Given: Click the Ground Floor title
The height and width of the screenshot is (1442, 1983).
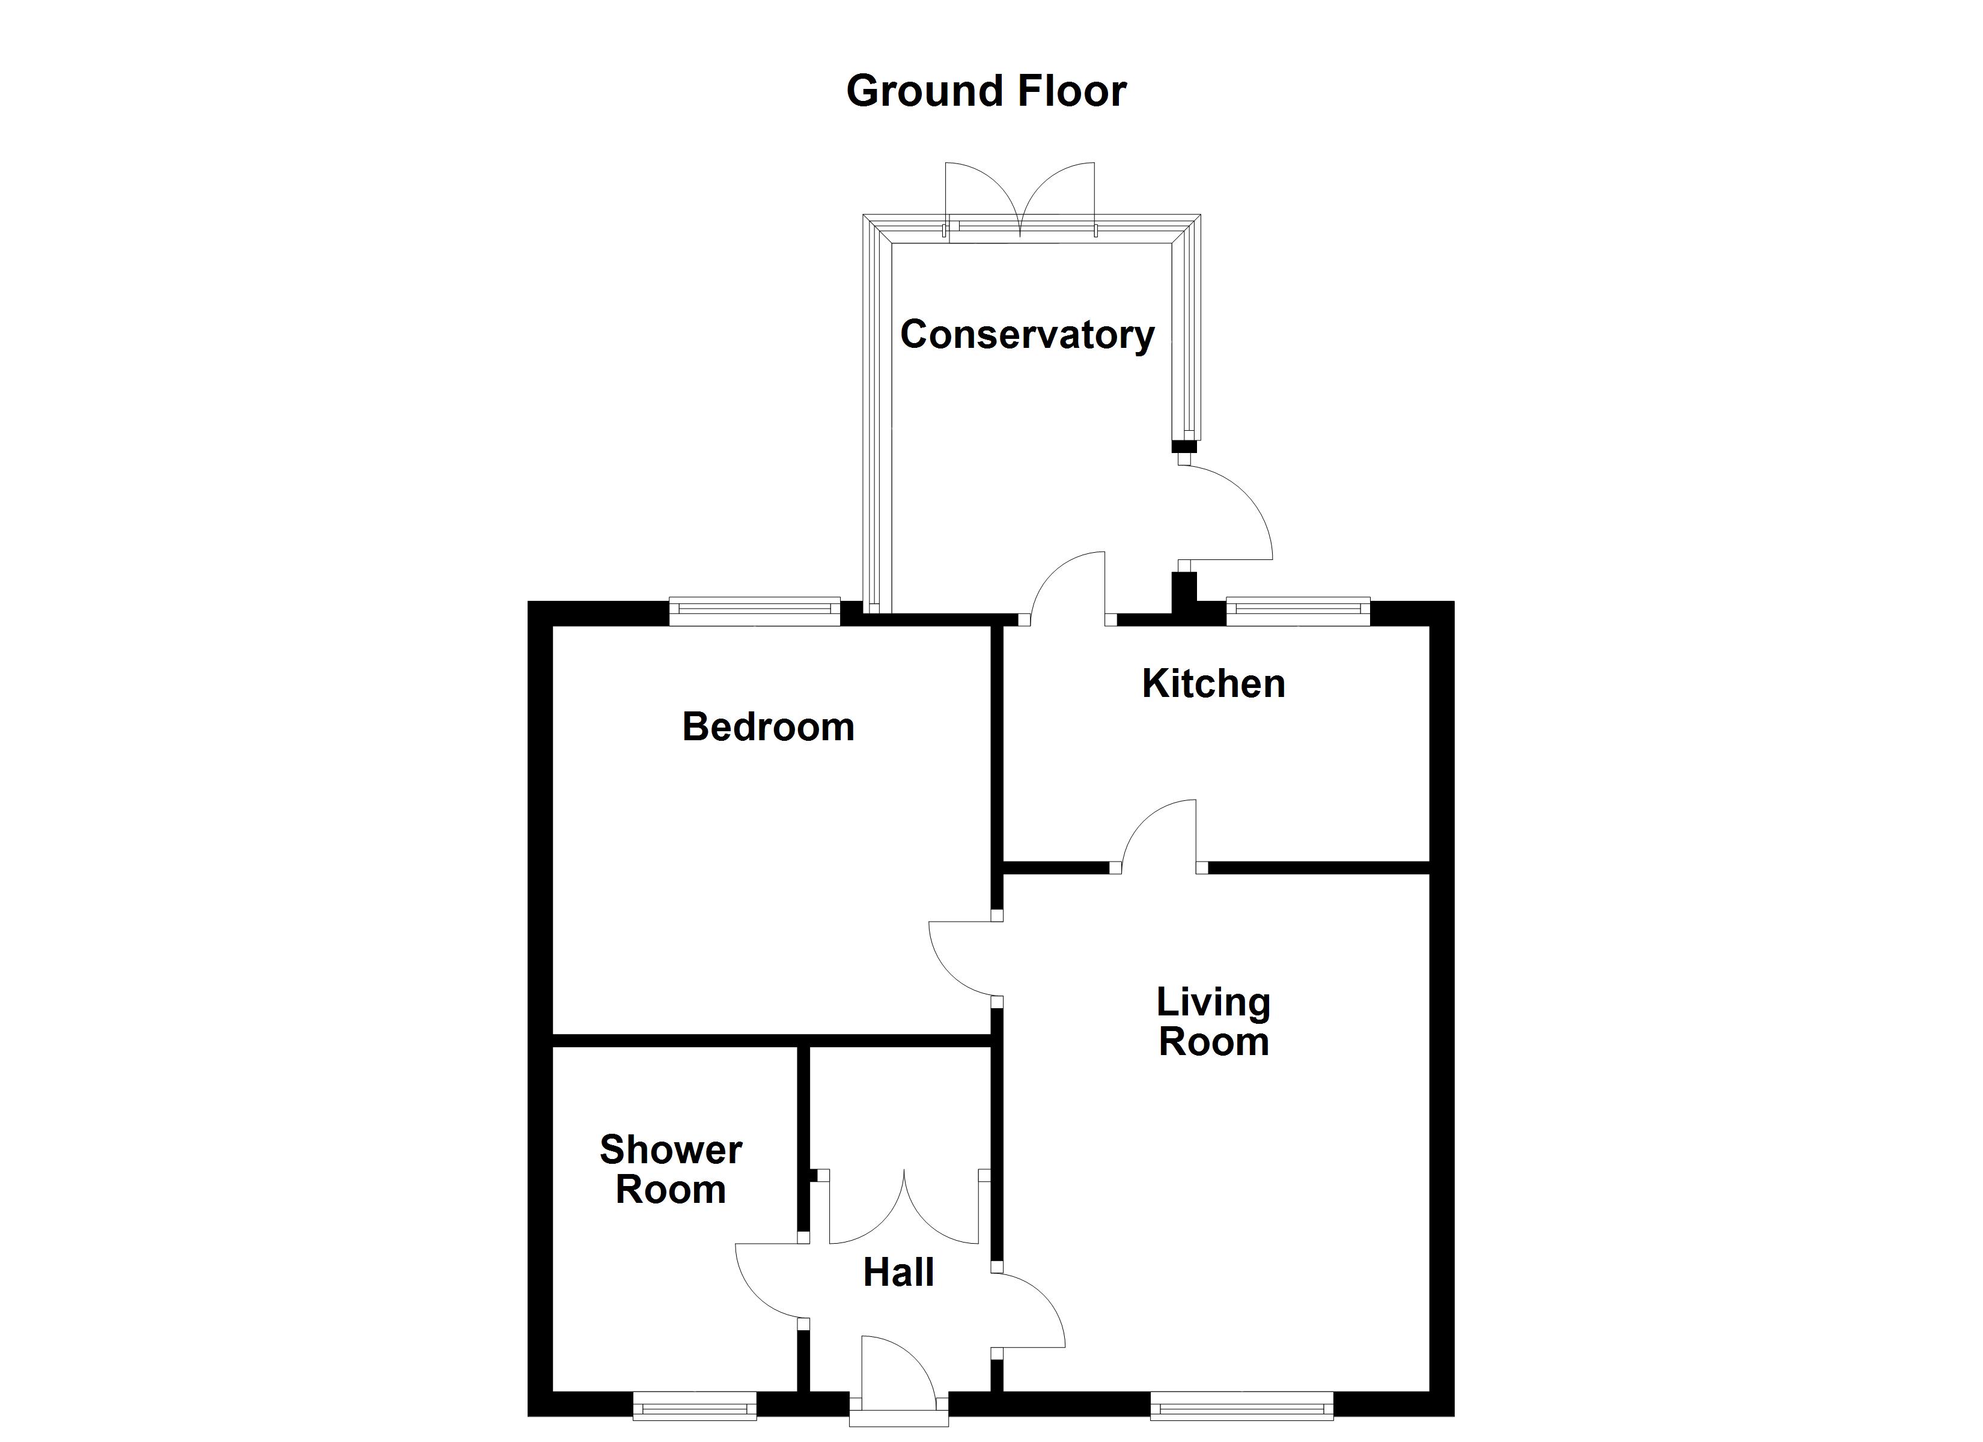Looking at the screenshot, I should click(986, 91).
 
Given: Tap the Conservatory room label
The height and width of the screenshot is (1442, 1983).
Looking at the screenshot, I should click(1028, 334).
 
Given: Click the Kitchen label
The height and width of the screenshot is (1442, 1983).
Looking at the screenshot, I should click(1214, 683).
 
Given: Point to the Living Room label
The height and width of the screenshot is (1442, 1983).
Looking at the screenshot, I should click(1214, 1021).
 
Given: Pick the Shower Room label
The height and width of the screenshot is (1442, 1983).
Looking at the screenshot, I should click(671, 1169).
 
